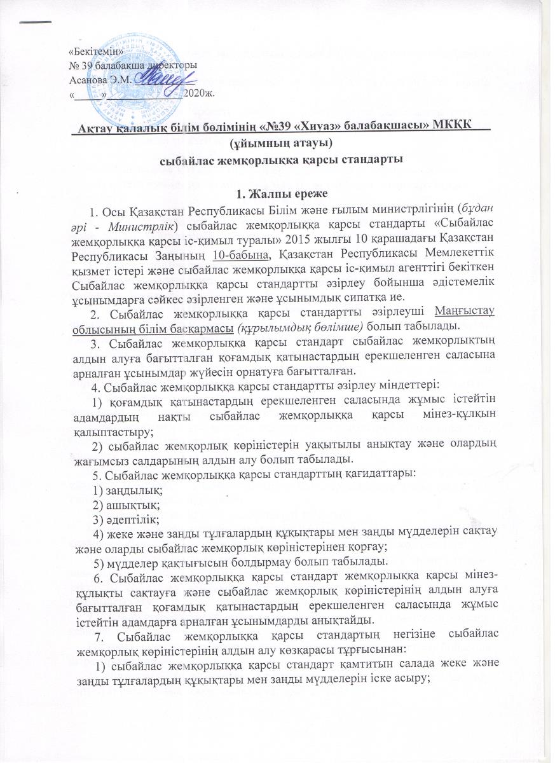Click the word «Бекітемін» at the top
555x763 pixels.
click(x=92, y=50)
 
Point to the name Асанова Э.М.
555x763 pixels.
click(x=97, y=79)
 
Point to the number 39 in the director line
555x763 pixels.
click(x=88, y=65)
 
